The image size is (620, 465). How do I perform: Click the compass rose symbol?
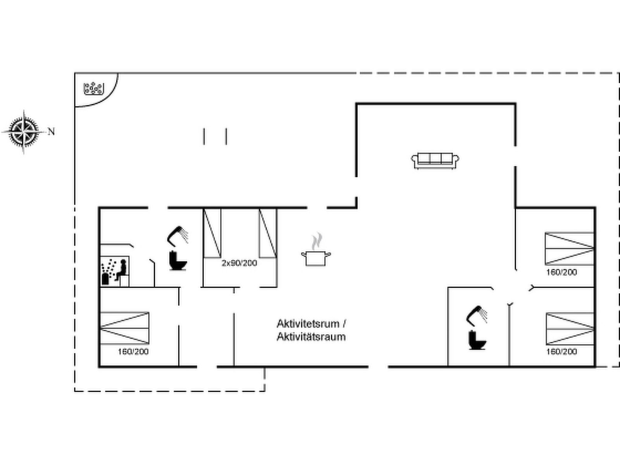[24, 132]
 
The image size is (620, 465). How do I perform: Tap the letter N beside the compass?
[51, 132]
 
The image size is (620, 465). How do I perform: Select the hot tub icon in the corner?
[94, 89]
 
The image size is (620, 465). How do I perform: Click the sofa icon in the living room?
[435, 161]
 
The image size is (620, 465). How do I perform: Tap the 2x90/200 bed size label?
[239, 263]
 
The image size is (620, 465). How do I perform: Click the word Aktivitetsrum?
[308, 324]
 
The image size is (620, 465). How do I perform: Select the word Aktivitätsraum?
[311, 336]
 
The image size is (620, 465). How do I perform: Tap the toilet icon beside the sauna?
[177, 260]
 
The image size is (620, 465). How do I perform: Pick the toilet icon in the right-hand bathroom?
[477, 340]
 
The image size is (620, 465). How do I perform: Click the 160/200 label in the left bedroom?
[133, 351]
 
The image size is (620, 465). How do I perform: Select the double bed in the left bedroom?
[124, 328]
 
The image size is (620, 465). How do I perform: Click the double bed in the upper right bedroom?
[570, 249]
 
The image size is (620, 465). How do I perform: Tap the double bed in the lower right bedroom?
[570, 329]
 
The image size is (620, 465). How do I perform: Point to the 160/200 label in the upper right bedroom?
[561, 272]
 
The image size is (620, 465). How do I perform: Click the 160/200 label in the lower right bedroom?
[561, 351]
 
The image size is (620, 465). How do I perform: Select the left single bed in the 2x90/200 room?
[212, 233]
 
